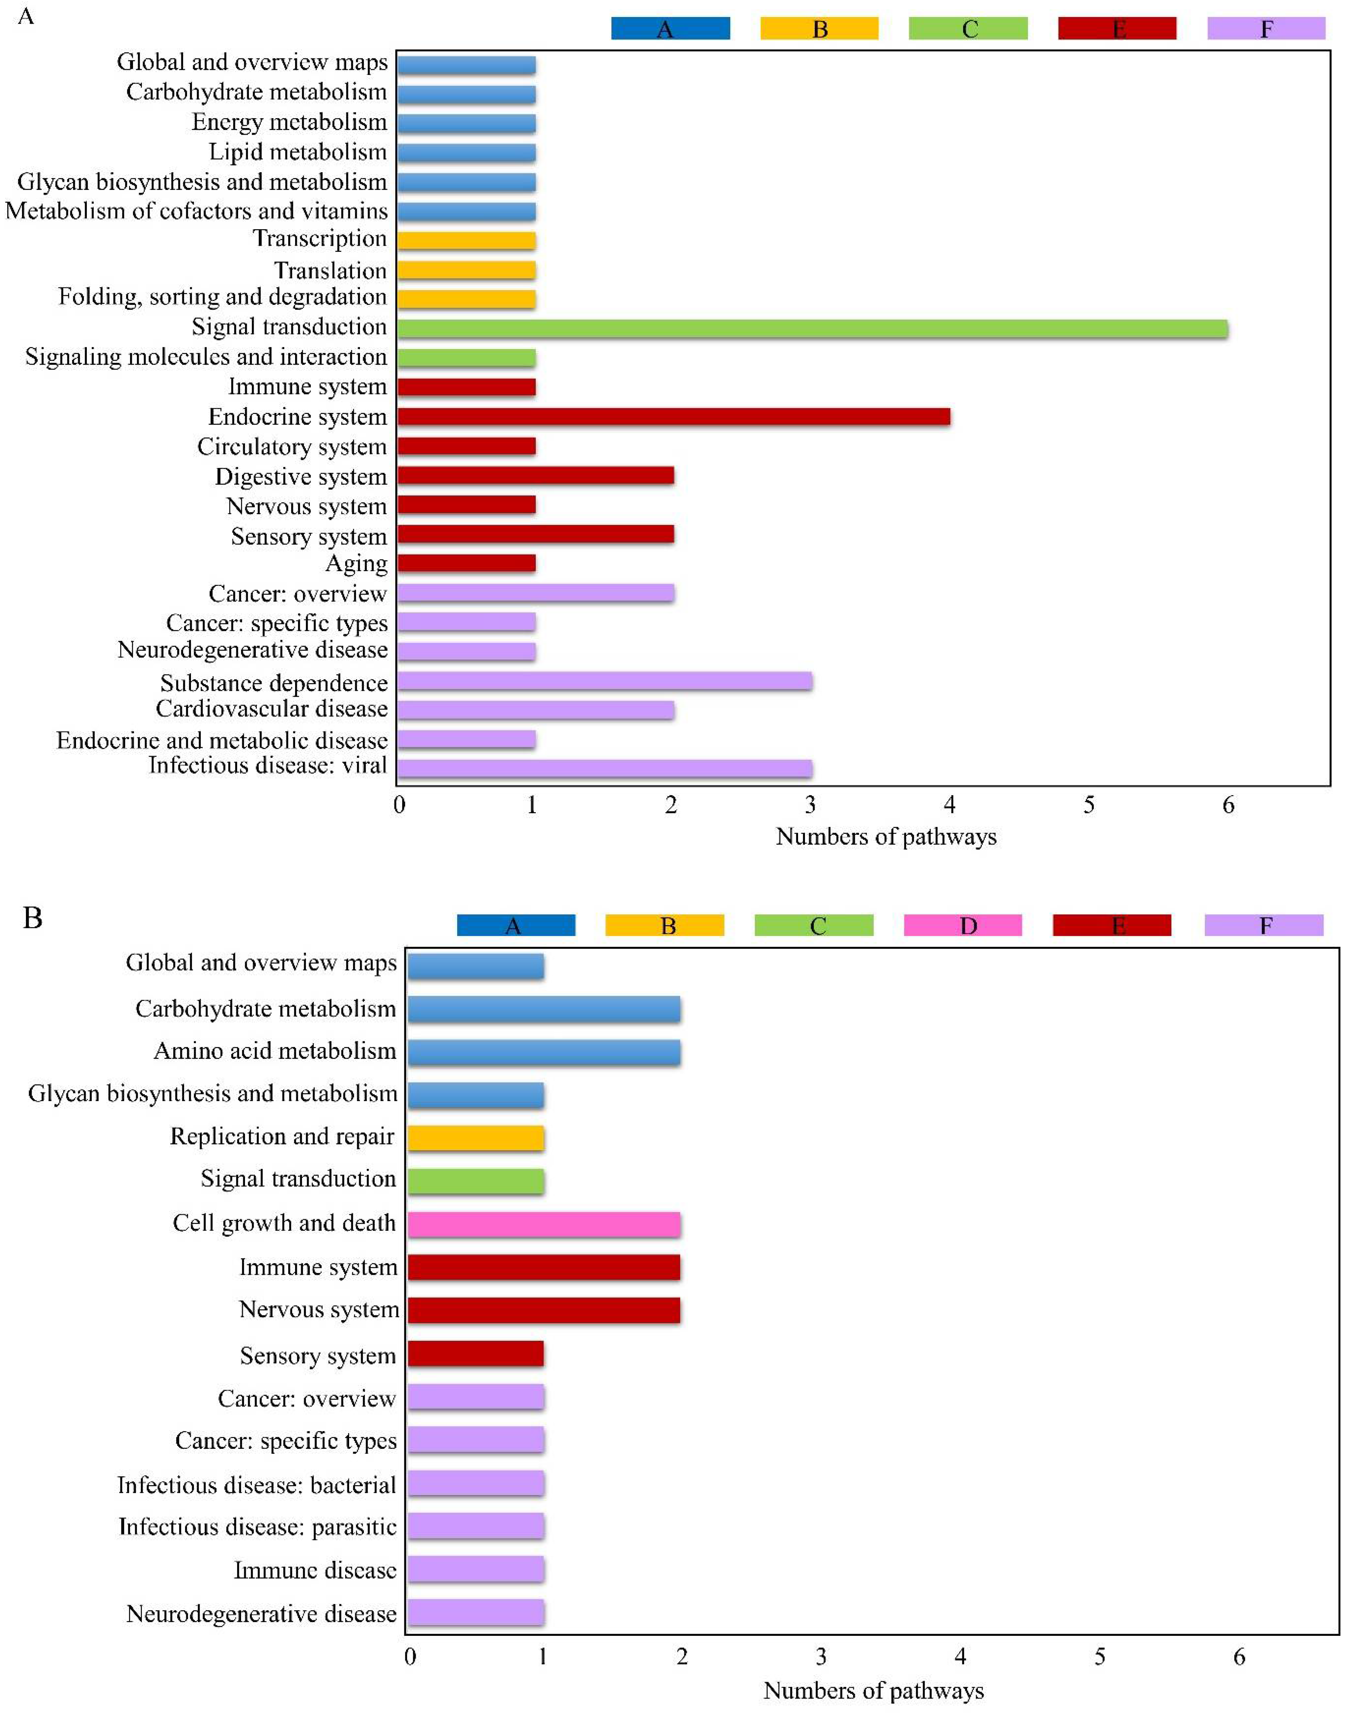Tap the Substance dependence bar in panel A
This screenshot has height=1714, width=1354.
tap(604, 681)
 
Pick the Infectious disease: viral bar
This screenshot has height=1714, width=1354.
tap(604, 767)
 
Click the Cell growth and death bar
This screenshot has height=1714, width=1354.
tap(544, 1224)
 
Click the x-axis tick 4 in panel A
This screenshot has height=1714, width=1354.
tap(950, 805)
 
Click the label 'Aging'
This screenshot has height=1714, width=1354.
tap(356, 564)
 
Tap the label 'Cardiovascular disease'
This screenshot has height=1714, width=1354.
tap(271, 709)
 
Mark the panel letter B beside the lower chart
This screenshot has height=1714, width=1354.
tap(32, 918)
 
